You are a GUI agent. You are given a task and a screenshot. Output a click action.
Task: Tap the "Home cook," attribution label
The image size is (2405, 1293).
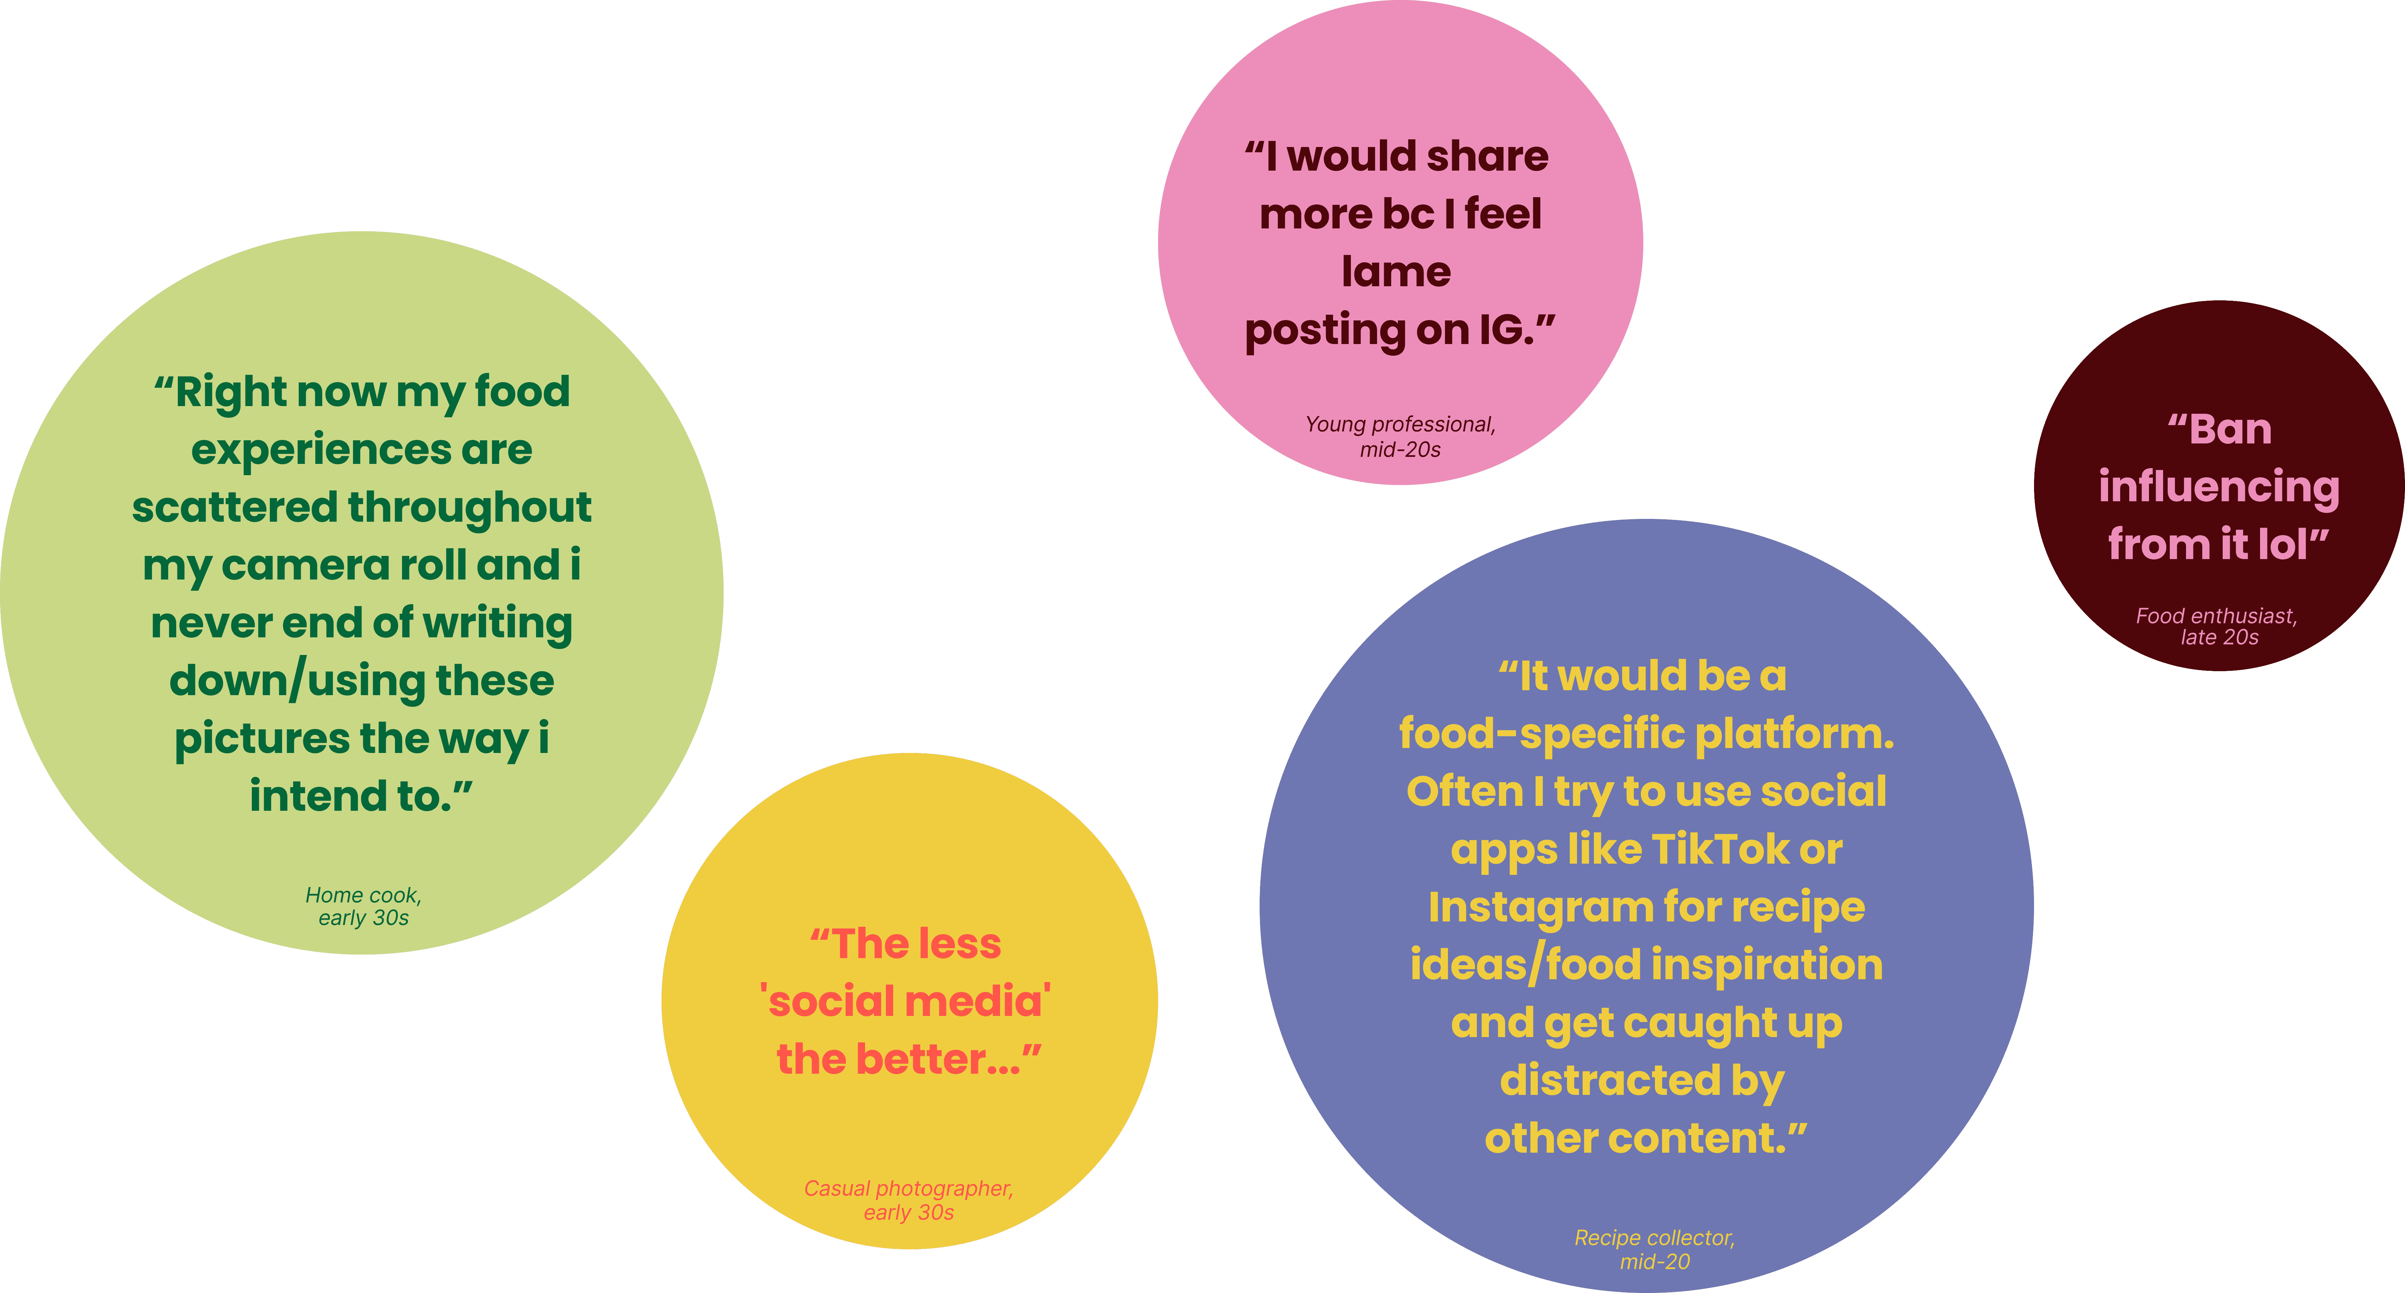pos(363,895)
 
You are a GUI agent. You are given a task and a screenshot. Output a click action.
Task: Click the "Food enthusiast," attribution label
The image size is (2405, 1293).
pos(2216,616)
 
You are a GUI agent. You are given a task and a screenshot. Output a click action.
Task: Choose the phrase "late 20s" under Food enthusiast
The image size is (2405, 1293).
pos(2219,638)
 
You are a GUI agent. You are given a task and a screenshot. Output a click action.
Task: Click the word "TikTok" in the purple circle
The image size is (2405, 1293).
pos(1720,850)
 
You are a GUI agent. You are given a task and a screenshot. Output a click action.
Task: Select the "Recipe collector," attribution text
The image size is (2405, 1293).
pos(1654,1238)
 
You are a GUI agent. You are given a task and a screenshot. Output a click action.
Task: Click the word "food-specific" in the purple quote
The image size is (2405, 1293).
pos(1540,735)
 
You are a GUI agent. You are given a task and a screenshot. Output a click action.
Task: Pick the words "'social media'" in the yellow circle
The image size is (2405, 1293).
pos(905,1002)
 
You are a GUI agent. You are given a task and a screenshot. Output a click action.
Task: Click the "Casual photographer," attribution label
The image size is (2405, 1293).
pos(908,1188)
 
